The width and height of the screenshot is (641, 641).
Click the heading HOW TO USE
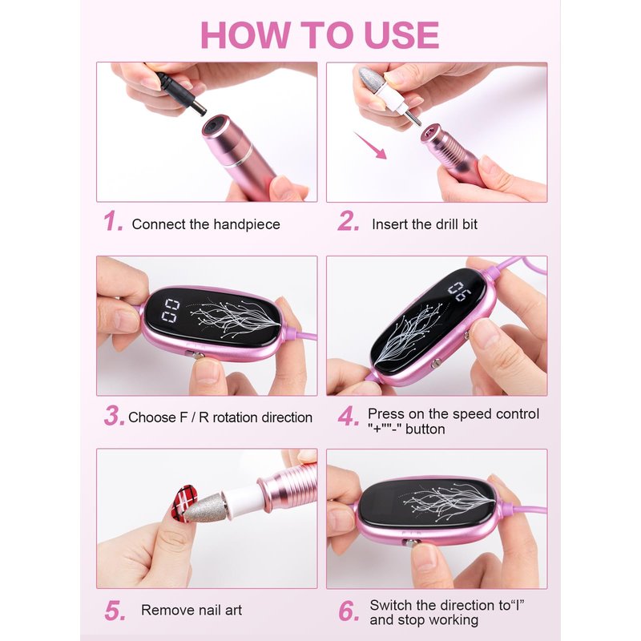pyautogui.click(x=320, y=35)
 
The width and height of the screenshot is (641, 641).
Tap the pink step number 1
pyautogui.click(x=113, y=221)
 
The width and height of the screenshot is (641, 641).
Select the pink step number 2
pyautogui.click(x=349, y=221)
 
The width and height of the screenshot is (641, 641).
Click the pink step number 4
pyautogui.click(x=349, y=416)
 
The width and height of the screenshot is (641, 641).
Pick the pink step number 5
pyautogui.click(x=115, y=611)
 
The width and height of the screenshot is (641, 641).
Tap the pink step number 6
pyautogui.click(x=349, y=611)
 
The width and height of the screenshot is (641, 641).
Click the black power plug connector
pyautogui.click(x=182, y=93)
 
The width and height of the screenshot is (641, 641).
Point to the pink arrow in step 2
pyautogui.click(x=370, y=145)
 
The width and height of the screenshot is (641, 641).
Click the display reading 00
pyautogui.click(x=171, y=310)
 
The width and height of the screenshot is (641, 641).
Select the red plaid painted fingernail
pyautogui.click(x=183, y=502)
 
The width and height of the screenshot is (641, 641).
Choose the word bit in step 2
pyautogui.click(x=470, y=224)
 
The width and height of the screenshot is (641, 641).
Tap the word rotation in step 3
pyautogui.click(x=235, y=417)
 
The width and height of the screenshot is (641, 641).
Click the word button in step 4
pyautogui.click(x=425, y=429)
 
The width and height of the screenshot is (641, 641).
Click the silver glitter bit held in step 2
pyautogui.click(x=370, y=79)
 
